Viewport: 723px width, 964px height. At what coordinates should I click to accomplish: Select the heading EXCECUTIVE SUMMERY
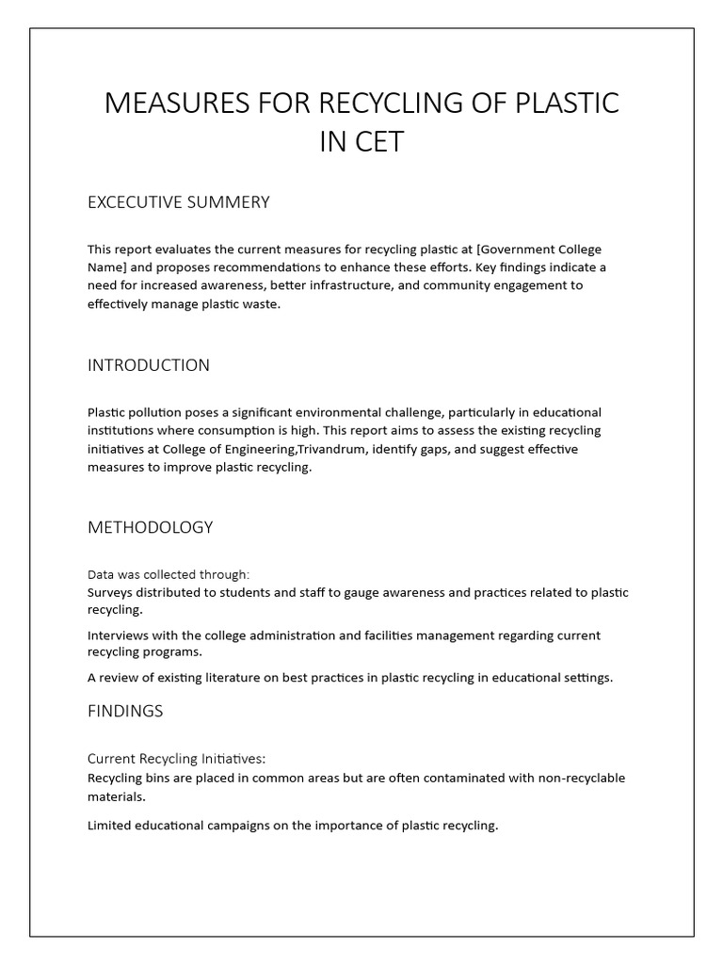pos(179,202)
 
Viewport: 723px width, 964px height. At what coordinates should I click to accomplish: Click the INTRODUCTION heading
pos(149,365)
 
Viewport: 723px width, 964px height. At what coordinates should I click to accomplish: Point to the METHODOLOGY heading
pos(151,527)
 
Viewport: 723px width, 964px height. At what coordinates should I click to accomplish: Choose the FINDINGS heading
pos(125,711)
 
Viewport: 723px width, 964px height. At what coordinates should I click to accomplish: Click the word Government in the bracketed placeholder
pos(521,249)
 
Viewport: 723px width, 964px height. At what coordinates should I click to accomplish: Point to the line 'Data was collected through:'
pos(169,574)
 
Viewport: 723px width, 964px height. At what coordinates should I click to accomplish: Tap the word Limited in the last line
pos(110,826)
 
